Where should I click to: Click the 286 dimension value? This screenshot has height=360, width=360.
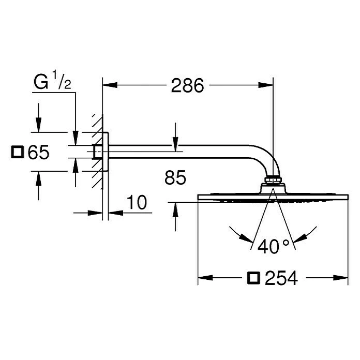(x=187, y=86)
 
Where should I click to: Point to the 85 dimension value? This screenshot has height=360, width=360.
(x=175, y=178)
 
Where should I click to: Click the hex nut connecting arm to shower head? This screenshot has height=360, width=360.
(x=273, y=181)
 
